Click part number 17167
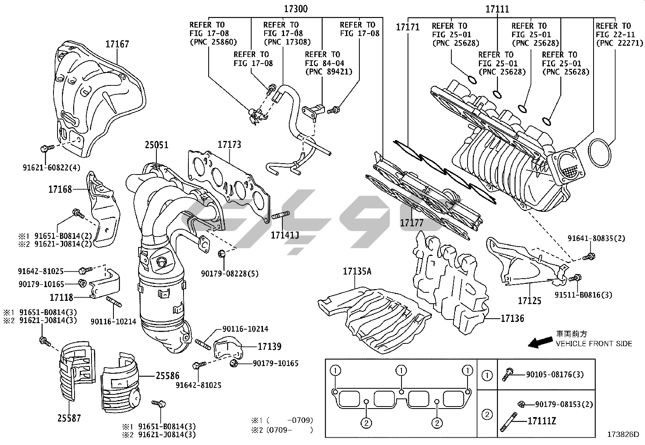tap(117, 44)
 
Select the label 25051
tap(157, 145)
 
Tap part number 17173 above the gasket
tap(229, 145)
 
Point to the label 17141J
tap(285, 234)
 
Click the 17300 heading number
tap(295, 9)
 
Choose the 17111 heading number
tap(497, 9)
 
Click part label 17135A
tap(357, 271)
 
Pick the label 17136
tap(512, 319)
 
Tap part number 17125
tap(529, 301)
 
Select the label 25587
tap(69, 418)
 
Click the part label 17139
tap(269, 347)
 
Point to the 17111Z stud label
tap(542, 422)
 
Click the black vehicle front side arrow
tap(540, 343)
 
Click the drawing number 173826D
tap(623, 435)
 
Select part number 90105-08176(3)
tap(555, 375)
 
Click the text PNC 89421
tap(329, 72)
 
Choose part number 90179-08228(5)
tap(229, 274)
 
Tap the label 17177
tap(412, 223)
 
